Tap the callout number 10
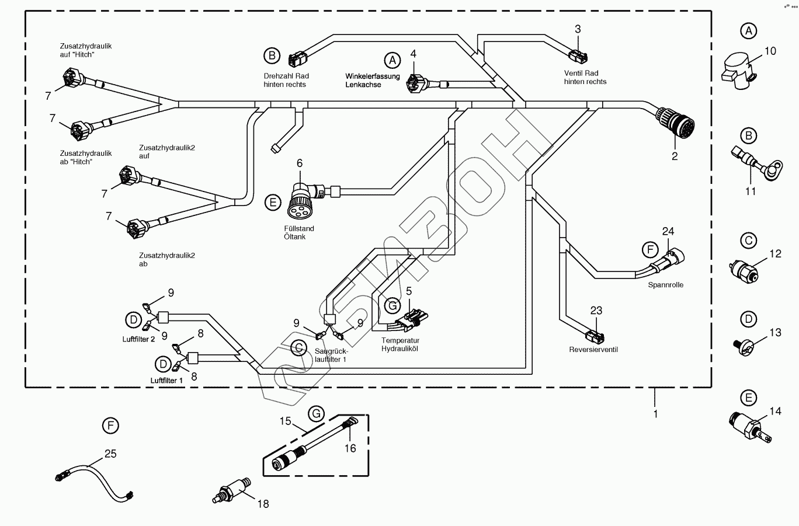pyautogui.click(x=770, y=51)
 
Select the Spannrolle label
pyautogui.click(x=665, y=285)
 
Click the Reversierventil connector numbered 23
pyautogui.click(x=595, y=337)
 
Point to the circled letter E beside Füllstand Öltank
pyautogui.click(x=272, y=203)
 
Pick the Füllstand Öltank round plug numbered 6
pyautogui.click(x=301, y=196)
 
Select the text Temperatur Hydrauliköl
pyautogui.click(x=400, y=344)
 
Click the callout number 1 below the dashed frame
pyautogui.click(x=655, y=414)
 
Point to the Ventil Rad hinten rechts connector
pyautogui.click(x=578, y=56)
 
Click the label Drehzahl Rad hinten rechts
pyautogui.click(x=286, y=80)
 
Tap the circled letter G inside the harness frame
pyautogui.click(x=392, y=304)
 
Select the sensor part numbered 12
pyautogui.click(x=745, y=270)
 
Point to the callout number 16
pyautogui.click(x=350, y=448)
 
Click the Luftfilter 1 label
pyautogui.click(x=166, y=380)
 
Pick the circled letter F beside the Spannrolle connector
pyautogui.click(x=649, y=250)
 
